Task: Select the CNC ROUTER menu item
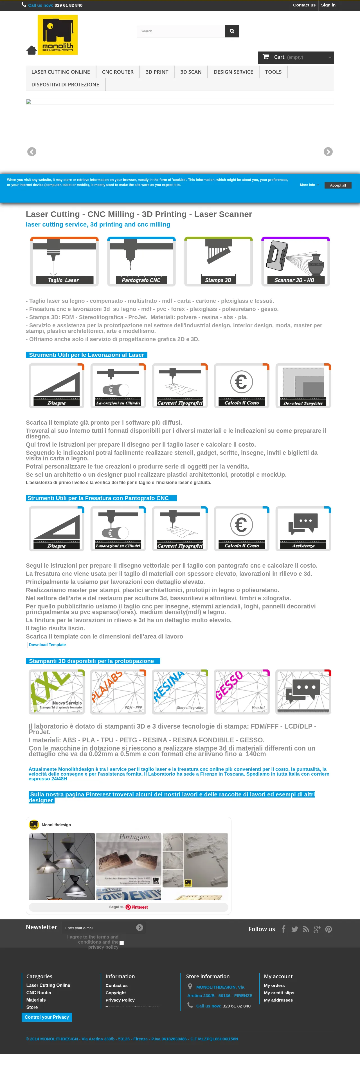click(118, 72)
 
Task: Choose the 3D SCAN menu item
click(191, 72)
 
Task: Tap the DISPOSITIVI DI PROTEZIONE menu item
click(65, 84)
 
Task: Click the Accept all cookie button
click(337, 185)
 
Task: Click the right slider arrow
click(328, 152)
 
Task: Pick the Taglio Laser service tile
click(64, 261)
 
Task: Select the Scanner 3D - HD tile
click(295, 261)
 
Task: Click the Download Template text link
click(47, 645)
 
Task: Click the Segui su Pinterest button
click(129, 907)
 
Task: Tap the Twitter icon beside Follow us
click(294, 929)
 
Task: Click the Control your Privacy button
click(47, 1017)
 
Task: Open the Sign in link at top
click(328, 5)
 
